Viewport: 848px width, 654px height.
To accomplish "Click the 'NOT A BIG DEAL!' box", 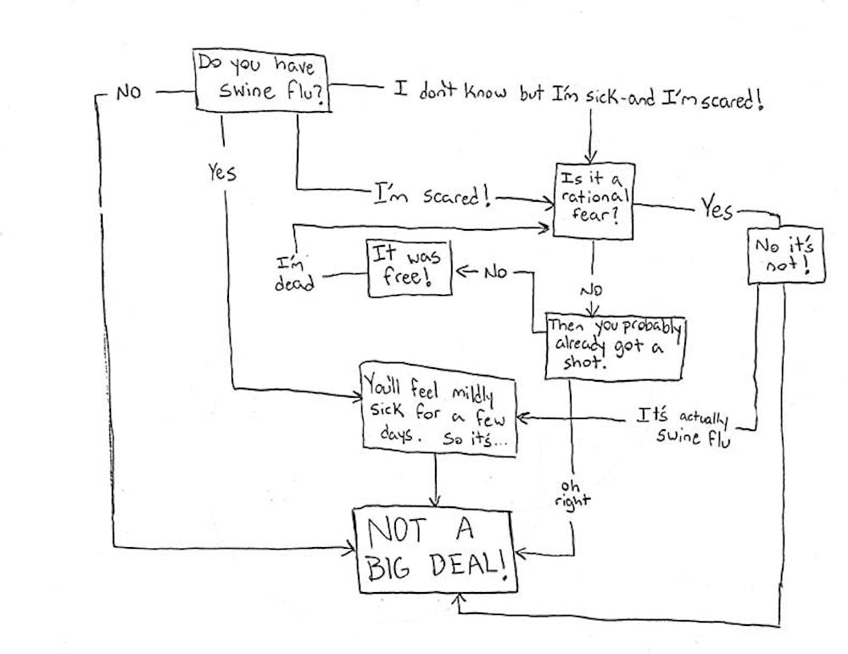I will coord(432,551).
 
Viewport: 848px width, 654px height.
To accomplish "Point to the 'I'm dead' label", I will coord(293,273).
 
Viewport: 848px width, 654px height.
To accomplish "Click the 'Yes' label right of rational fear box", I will coord(716,209).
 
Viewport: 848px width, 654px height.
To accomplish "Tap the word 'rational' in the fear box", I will coord(595,197).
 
